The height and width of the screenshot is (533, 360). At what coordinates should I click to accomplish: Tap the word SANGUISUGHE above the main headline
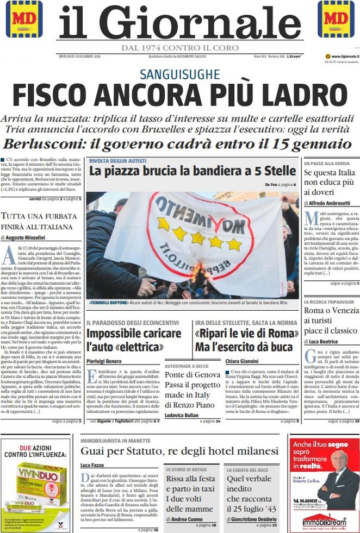(x=179, y=74)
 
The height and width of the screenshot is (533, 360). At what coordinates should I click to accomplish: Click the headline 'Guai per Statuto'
(x=179, y=452)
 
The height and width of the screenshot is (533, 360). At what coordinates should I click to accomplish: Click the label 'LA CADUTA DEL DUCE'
(x=247, y=469)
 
